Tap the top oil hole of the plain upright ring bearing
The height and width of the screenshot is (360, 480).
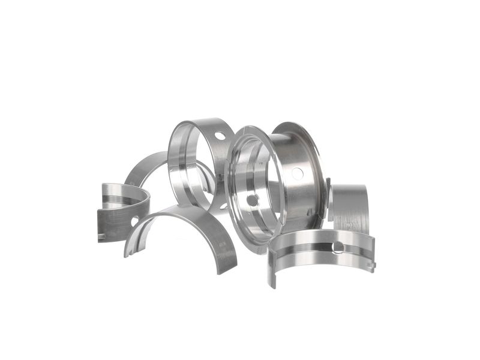pyautogui.click(x=220, y=136)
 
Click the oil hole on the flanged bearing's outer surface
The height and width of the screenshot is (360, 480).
pyautogui.click(x=297, y=173)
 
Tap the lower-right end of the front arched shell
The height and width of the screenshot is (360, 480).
pyautogui.click(x=226, y=264)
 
